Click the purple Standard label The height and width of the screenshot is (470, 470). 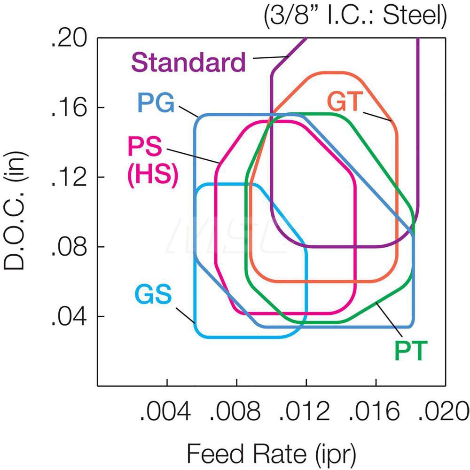[x=188, y=62]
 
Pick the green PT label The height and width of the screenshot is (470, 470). [x=411, y=351]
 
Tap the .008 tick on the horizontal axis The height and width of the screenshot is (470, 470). [x=236, y=412]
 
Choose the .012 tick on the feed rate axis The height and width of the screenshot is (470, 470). [x=306, y=412]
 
